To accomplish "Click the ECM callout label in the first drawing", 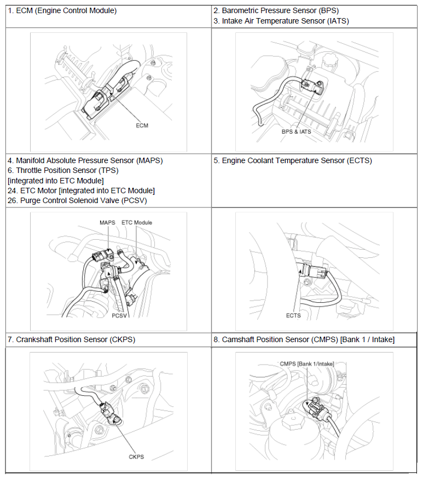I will pos(142,125).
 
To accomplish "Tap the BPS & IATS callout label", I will pos(297,131).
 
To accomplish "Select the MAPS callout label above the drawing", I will pos(107,223).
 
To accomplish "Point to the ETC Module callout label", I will pos(137,223).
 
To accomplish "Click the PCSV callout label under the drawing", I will pos(119,316).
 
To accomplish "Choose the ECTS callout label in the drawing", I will pos(293,315).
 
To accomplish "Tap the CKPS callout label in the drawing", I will pos(136,457).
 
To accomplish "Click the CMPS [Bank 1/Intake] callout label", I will pos(306,363).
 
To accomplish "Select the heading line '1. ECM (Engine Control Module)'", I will pos(62,11).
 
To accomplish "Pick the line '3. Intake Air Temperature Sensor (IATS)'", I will pos(281,21).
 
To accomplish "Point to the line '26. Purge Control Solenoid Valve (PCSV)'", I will pos(77,200).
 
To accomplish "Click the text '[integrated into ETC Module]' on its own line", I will pos(55,181).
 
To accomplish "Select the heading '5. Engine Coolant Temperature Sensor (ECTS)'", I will pos(292,161).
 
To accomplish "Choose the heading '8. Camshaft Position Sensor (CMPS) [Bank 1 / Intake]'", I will pos(304,339).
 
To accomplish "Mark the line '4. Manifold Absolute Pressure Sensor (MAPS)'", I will pos(85,161).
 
